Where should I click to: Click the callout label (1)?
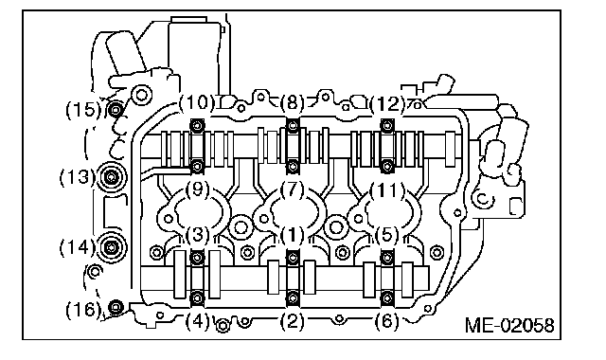[x=292, y=235]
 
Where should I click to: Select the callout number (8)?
[x=293, y=103]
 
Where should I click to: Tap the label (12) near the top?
[x=387, y=103]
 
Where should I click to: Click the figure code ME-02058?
[x=509, y=325]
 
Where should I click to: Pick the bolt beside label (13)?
[x=112, y=177]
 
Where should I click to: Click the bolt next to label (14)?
[x=112, y=247]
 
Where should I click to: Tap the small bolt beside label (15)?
[x=116, y=110]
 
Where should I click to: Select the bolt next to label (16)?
[x=116, y=308]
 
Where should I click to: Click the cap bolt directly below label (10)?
[x=198, y=125]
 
